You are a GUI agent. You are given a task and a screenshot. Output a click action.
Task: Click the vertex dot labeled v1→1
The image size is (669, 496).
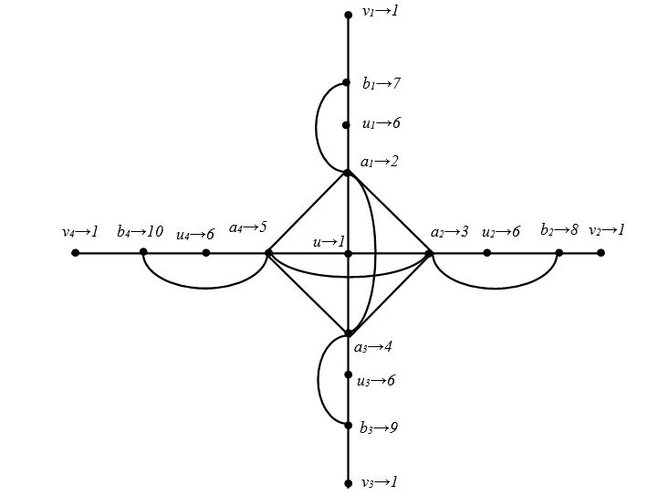(348, 15)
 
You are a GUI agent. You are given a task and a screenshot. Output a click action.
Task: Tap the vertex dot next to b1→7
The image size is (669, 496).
(347, 82)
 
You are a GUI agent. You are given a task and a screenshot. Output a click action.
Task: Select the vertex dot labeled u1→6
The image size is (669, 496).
(347, 125)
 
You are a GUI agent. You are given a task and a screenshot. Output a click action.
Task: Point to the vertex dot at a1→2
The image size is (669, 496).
(348, 172)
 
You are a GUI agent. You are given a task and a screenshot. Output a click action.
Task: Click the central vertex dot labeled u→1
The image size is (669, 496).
(348, 253)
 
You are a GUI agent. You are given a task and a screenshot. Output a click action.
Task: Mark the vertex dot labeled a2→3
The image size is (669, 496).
(429, 252)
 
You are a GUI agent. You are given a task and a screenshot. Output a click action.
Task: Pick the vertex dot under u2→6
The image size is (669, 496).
(487, 252)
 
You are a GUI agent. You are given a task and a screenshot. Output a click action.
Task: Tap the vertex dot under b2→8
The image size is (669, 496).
(559, 252)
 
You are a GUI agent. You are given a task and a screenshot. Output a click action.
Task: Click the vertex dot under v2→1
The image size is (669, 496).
(601, 252)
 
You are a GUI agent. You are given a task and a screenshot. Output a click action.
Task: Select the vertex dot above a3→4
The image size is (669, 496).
(349, 333)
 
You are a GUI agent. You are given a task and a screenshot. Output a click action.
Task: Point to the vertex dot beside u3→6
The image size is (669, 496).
(348, 375)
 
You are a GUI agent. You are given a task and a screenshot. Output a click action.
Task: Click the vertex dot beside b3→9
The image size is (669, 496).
(348, 425)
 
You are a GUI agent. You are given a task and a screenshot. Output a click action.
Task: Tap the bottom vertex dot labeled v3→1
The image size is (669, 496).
(348, 483)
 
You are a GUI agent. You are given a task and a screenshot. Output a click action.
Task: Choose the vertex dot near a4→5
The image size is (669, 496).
(268, 252)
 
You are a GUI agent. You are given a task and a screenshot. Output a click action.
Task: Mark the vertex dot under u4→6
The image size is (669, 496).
(206, 252)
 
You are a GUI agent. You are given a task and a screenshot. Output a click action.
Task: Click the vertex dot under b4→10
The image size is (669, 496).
(143, 252)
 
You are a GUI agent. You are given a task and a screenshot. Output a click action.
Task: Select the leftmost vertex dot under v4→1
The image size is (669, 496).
(75, 252)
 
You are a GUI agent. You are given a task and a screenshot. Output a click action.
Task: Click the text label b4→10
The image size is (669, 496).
(140, 231)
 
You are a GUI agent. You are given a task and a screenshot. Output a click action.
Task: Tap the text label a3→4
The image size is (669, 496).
(372, 347)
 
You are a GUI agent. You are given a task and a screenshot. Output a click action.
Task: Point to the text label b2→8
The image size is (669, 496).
(559, 230)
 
